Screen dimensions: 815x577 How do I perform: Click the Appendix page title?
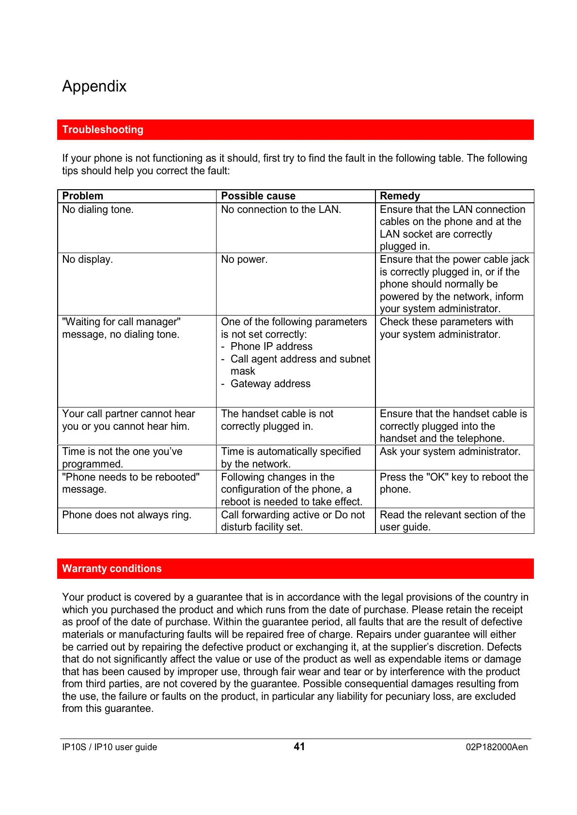click(94, 86)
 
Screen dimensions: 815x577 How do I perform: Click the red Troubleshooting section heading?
click(103, 130)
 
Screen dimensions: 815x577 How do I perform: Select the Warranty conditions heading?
click(111, 569)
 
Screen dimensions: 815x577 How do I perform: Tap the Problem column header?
click(83, 196)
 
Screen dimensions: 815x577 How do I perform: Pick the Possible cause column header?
click(258, 196)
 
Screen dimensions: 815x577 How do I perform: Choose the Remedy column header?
click(400, 196)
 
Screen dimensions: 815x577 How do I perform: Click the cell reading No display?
click(88, 259)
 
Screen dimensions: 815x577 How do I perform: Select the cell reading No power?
click(244, 259)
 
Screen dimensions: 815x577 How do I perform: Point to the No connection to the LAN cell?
click(281, 210)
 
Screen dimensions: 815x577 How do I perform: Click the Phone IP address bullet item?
click(271, 347)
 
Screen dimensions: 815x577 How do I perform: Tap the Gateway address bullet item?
click(270, 384)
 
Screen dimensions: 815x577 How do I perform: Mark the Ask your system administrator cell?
click(450, 452)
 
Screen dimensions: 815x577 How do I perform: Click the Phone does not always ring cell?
click(127, 515)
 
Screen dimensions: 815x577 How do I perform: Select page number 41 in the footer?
click(299, 747)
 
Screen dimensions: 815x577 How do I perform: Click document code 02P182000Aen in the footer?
click(497, 747)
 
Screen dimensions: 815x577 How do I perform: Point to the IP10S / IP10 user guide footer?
click(109, 747)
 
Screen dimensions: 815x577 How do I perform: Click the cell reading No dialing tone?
click(98, 210)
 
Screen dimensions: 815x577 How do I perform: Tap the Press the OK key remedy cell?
click(454, 483)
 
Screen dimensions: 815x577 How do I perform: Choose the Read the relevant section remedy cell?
click(452, 521)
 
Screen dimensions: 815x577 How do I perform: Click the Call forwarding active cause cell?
click(293, 521)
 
